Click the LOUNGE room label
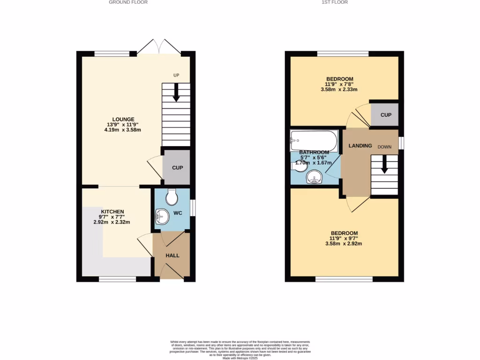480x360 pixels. tap(123, 119)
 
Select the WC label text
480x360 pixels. tap(178, 213)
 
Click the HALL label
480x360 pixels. tap(172, 255)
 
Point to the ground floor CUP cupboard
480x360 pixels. tap(177, 167)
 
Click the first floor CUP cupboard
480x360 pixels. tap(385, 115)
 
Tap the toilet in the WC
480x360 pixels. tap(172, 196)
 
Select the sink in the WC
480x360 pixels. tap(162, 216)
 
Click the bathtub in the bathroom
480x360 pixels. tap(313, 139)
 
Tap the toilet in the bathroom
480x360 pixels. tap(299, 165)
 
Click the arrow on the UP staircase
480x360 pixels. tap(176, 92)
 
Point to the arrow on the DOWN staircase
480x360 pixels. tap(384, 165)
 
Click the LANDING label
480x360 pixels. tap(360, 146)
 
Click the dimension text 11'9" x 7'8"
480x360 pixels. tap(339, 84)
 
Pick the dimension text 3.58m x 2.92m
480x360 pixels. tap(344, 244)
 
